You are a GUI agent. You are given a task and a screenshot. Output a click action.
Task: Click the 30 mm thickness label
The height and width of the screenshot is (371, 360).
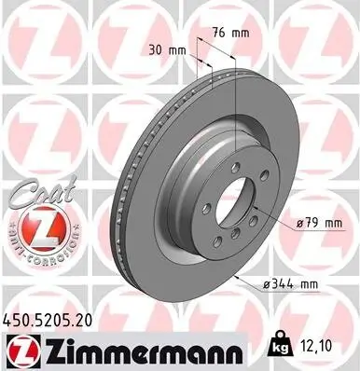pyautogui.click(x=165, y=49)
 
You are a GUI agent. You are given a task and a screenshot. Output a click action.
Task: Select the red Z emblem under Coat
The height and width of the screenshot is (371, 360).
pyautogui.click(x=33, y=227)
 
